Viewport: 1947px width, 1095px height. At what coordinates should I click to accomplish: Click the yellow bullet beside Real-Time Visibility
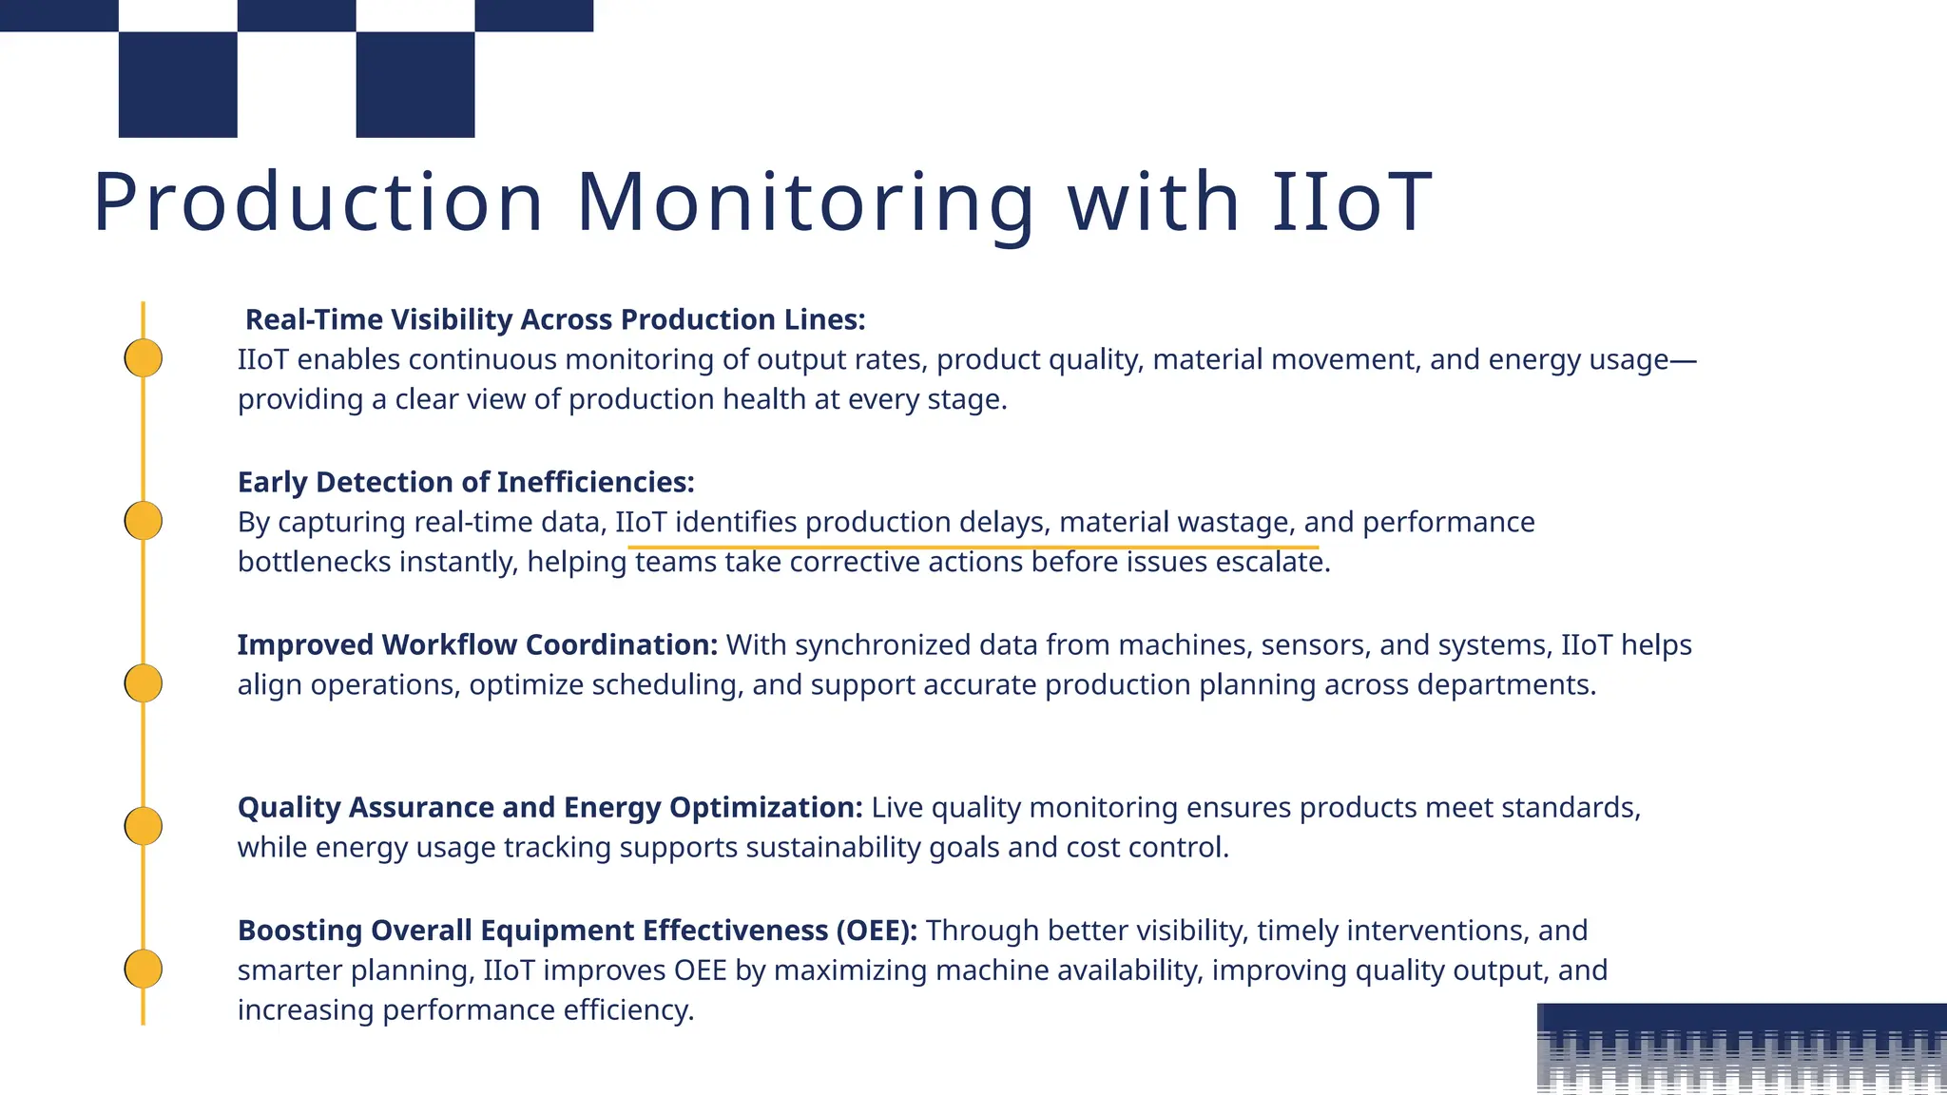pyautogui.click(x=144, y=358)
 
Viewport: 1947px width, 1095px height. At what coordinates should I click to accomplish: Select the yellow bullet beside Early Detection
pyautogui.click(x=144, y=521)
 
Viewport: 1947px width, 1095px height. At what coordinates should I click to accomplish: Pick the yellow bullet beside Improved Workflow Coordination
pyautogui.click(x=144, y=683)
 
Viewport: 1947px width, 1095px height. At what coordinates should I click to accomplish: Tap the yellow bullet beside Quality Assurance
pyautogui.click(x=144, y=826)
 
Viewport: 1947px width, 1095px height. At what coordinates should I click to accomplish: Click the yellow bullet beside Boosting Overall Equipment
pyautogui.click(x=144, y=969)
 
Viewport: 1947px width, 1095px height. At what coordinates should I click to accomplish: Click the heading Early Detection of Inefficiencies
pyautogui.click(x=466, y=482)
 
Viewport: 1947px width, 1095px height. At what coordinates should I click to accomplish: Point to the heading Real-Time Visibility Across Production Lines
pyautogui.click(x=555, y=319)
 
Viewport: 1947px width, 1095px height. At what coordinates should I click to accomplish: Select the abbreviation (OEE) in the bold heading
pyautogui.click(x=877, y=930)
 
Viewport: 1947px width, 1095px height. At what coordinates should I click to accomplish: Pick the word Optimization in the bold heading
pyautogui.click(x=765, y=807)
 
